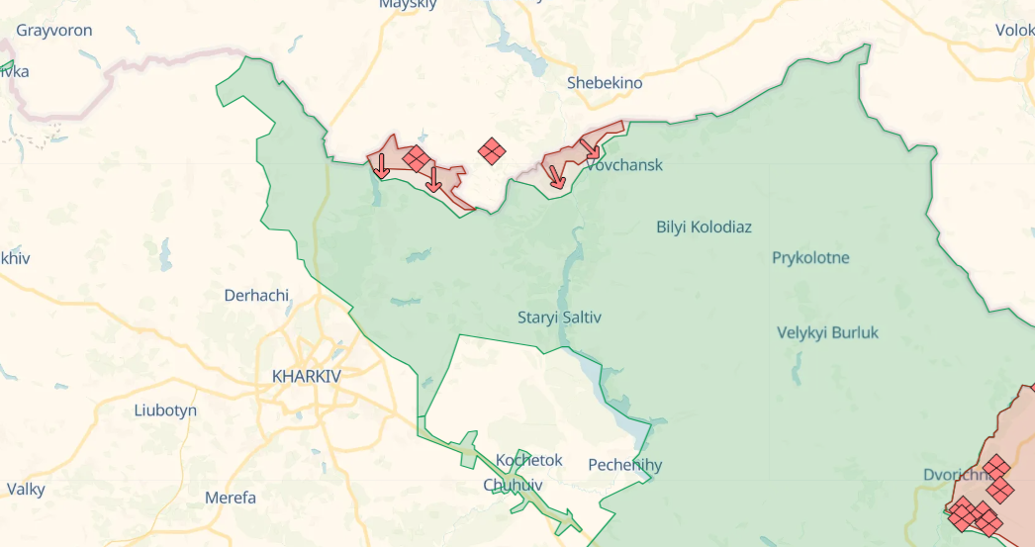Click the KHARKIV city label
coord(306,376)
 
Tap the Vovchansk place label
coord(624,165)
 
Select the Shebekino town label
coord(605,83)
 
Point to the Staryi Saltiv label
coord(559,318)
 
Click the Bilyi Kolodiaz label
coord(704,227)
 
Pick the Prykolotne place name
coord(810,258)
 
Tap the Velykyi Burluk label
coord(827,332)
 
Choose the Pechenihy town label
coord(624,465)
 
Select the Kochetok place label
coord(528,460)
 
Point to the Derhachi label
coord(256,295)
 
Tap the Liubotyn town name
coord(165,410)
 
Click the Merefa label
coord(231,498)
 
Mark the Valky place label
coord(26,489)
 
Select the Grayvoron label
coord(54,30)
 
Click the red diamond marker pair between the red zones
coord(492,150)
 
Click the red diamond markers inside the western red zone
coord(417,158)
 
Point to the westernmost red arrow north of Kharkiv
coord(382,166)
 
